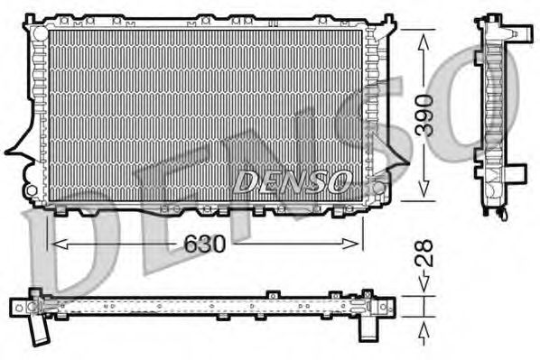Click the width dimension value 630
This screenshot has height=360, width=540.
pos(205,245)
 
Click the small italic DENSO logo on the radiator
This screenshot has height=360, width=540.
pos(291,181)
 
